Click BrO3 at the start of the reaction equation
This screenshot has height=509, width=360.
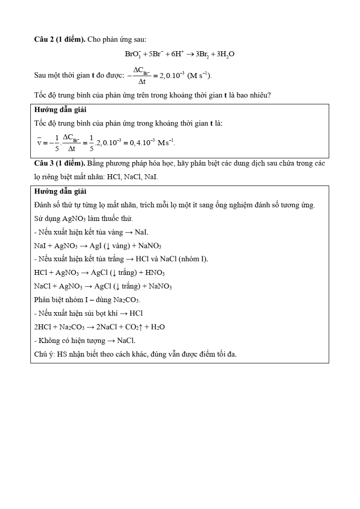pos(132,54)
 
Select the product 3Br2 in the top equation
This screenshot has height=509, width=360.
pos(203,54)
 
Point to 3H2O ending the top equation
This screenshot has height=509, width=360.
pos(225,54)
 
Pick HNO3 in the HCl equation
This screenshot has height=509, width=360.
pos(155,273)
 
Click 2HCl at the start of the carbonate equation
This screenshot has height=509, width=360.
pos(43,327)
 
